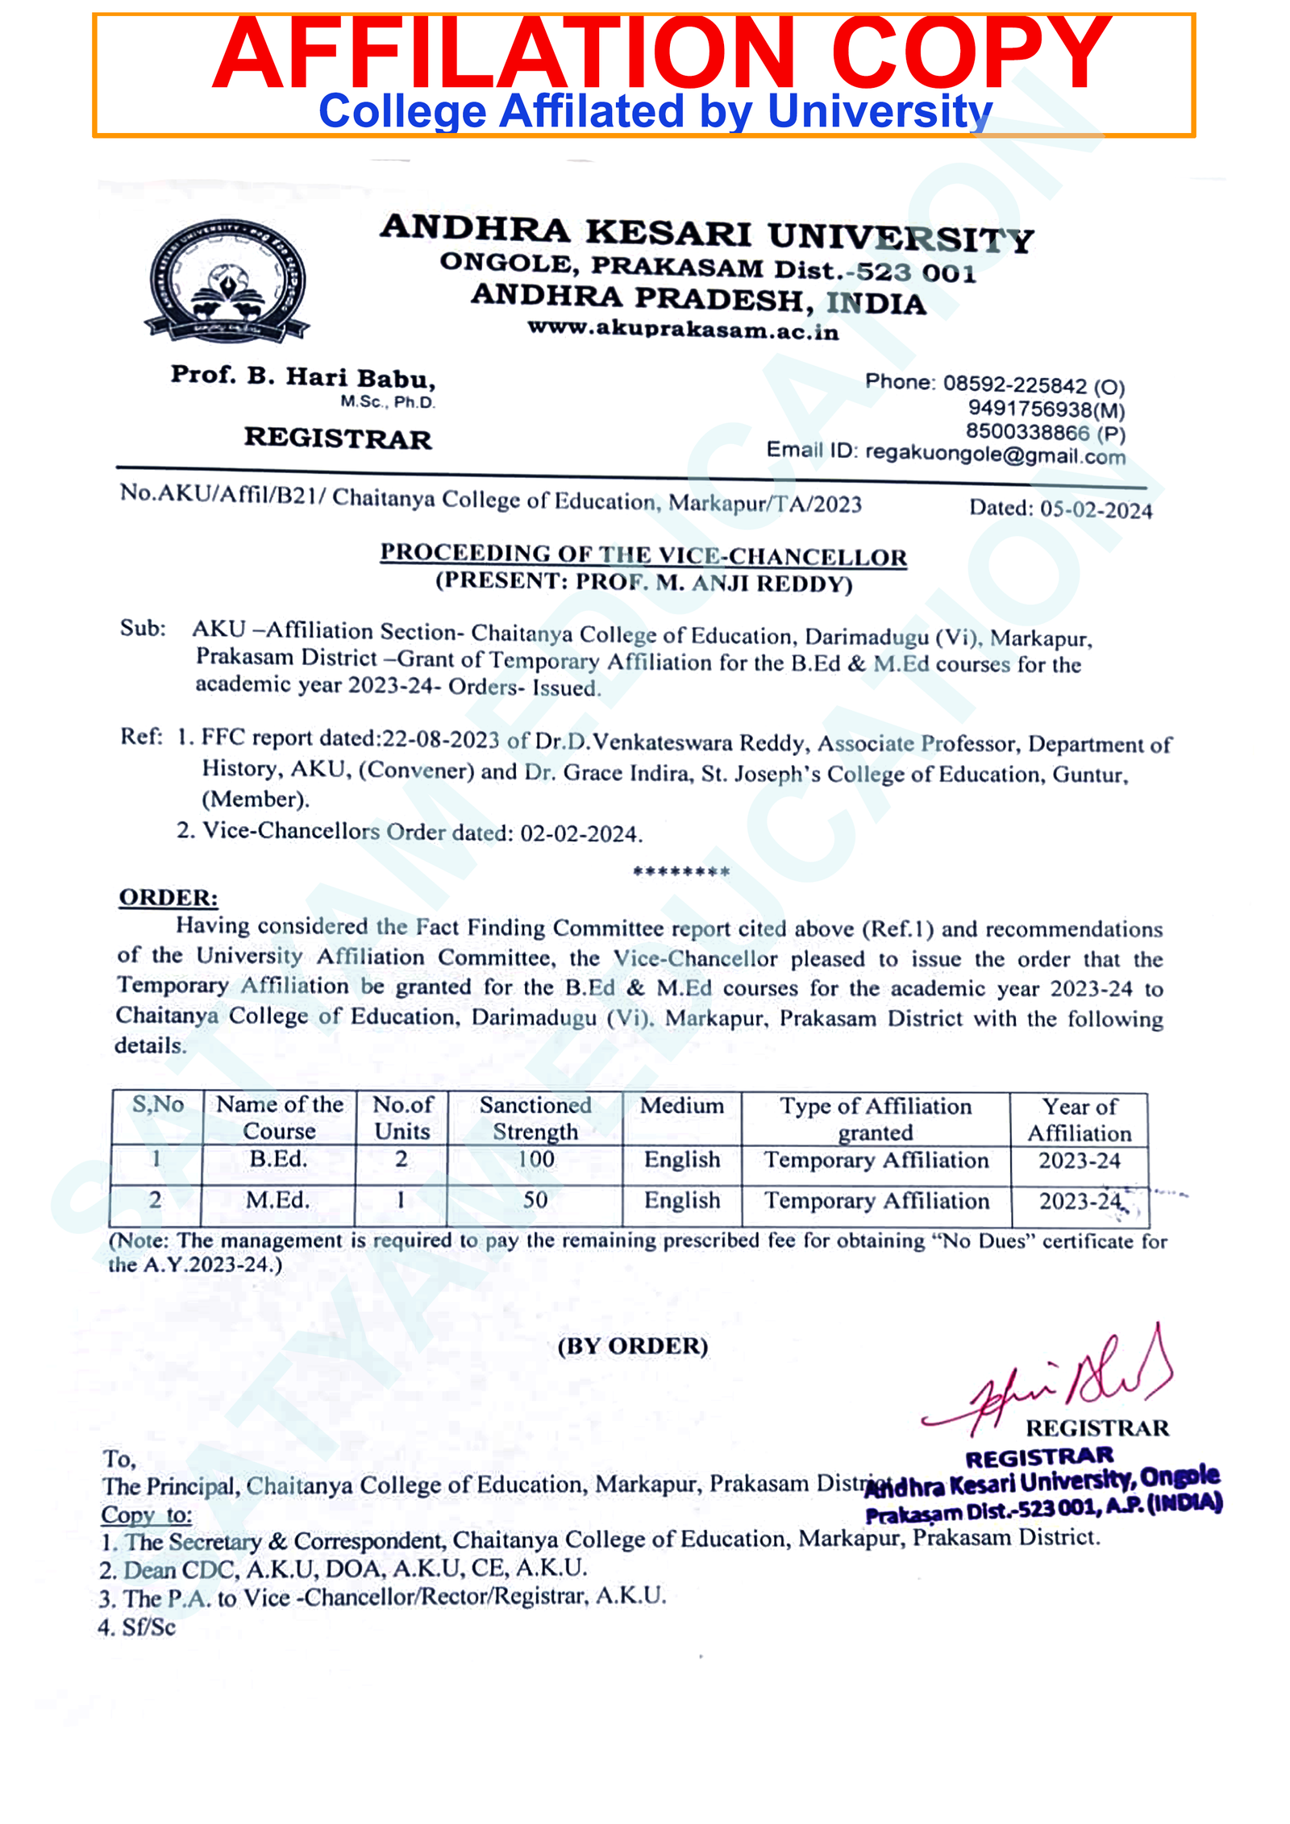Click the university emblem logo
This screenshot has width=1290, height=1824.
[227, 280]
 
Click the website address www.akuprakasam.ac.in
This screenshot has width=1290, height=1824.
[683, 330]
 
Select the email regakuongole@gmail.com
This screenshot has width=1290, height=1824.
[994, 455]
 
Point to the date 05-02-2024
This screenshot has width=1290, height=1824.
[1095, 509]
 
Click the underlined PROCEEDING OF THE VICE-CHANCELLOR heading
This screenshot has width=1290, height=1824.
[643, 555]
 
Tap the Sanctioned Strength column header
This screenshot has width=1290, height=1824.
[535, 1118]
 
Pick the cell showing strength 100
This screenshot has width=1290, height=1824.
[535, 1159]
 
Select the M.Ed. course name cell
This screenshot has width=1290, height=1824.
[277, 1200]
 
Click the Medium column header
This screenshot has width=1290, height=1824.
[681, 1106]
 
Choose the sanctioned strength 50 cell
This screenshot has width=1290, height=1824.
[535, 1200]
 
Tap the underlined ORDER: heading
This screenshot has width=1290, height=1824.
[168, 898]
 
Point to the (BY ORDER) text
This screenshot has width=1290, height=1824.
[632, 1346]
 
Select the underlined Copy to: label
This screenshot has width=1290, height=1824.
[146, 1515]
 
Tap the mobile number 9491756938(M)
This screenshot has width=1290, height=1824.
[1046, 409]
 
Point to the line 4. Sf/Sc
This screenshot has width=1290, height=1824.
[137, 1627]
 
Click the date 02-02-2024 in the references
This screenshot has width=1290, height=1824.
[580, 833]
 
